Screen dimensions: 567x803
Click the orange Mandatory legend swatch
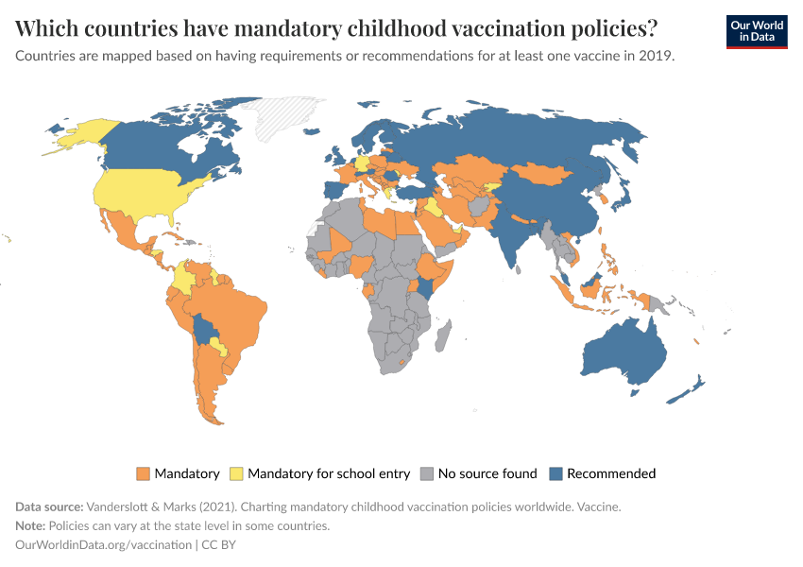tap(144, 473)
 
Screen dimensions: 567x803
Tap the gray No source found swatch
tap(427, 473)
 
